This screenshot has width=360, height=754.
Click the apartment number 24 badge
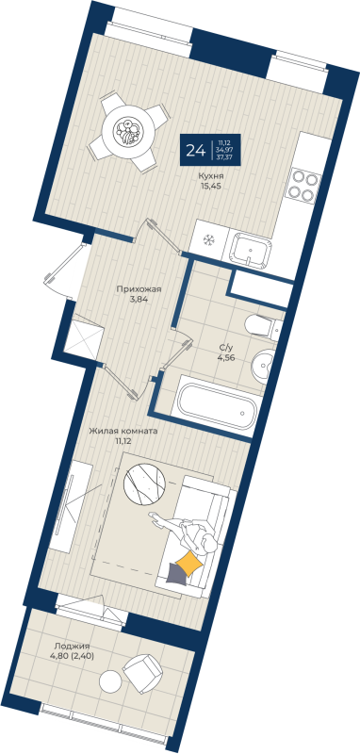coord(197,150)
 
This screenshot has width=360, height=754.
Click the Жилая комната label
coord(123,430)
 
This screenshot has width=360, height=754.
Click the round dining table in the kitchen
coord(126,131)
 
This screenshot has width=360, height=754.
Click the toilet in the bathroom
coord(259,327)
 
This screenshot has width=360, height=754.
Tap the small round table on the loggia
coord(111,680)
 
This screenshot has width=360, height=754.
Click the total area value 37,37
coord(225,157)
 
